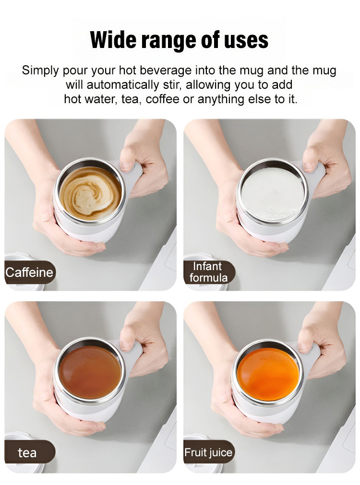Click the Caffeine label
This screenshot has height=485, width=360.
click(x=29, y=272)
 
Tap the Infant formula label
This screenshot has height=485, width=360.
click(x=209, y=272)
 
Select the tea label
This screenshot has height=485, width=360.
click(x=27, y=453)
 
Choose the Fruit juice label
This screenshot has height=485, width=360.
click(x=208, y=452)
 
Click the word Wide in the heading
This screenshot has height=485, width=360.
click(x=114, y=40)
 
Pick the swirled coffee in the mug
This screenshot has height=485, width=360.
click(x=90, y=193)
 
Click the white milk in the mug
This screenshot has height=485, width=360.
click(x=273, y=195)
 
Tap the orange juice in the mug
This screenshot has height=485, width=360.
click(x=268, y=374)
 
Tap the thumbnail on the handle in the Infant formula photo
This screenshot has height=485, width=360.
click(x=308, y=166)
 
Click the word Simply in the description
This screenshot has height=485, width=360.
click(x=40, y=71)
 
